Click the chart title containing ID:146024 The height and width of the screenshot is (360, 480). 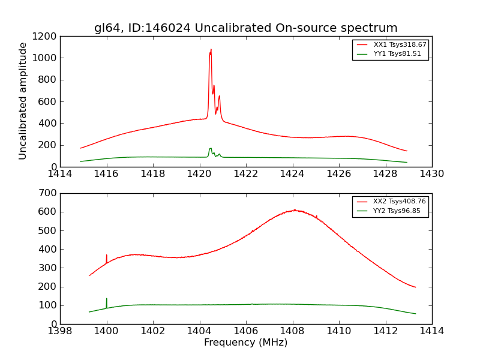click(x=245, y=28)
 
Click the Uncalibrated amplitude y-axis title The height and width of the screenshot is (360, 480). click(x=23, y=101)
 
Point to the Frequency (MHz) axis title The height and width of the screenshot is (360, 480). click(x=245, y=343)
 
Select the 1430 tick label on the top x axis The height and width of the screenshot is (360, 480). click(x=431, y=174)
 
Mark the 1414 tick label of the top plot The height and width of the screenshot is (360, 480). click(x=60, y=174)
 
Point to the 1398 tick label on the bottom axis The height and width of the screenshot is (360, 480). click(x=60, y=331)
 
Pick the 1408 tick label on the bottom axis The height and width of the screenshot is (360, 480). click(x=292, y=331)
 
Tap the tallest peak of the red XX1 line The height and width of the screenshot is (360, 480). click(x=211, y=50)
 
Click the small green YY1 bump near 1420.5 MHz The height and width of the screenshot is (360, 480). click(x=210, y=148)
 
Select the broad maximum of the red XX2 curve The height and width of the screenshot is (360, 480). click(x=295, y=210)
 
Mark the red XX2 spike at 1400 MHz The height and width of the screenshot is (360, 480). click(x=107, y=256)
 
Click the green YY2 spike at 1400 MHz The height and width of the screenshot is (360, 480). click(x=107, y=299)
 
